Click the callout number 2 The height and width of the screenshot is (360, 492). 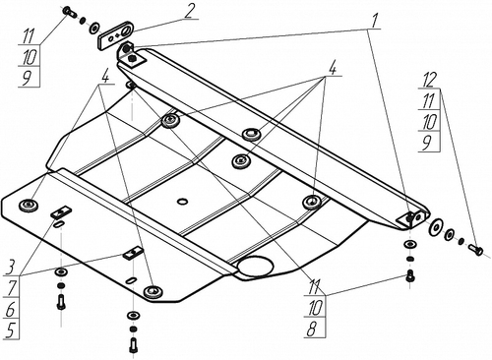point(190,12)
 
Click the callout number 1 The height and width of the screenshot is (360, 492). point(373,21)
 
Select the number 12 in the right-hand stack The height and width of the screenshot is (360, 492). point(429,80)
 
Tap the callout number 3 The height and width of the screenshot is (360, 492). point(11,268)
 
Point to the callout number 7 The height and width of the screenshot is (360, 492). point(12,288)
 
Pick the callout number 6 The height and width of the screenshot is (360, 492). point(11,309)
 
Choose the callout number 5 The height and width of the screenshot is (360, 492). point(11,330)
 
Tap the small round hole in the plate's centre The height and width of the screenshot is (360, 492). point(182,202)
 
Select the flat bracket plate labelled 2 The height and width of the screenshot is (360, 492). point(115,35)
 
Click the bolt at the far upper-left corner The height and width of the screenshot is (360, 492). point(69,12)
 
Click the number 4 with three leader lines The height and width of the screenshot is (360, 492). point(332,69)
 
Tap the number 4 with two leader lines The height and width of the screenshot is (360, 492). point(104,77)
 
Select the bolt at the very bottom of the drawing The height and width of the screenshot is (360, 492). point(134,345)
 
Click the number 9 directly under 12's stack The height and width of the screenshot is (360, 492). point(427,144)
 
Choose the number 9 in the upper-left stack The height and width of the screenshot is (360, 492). point(27,78)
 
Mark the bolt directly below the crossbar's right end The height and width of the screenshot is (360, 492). point(410,275)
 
